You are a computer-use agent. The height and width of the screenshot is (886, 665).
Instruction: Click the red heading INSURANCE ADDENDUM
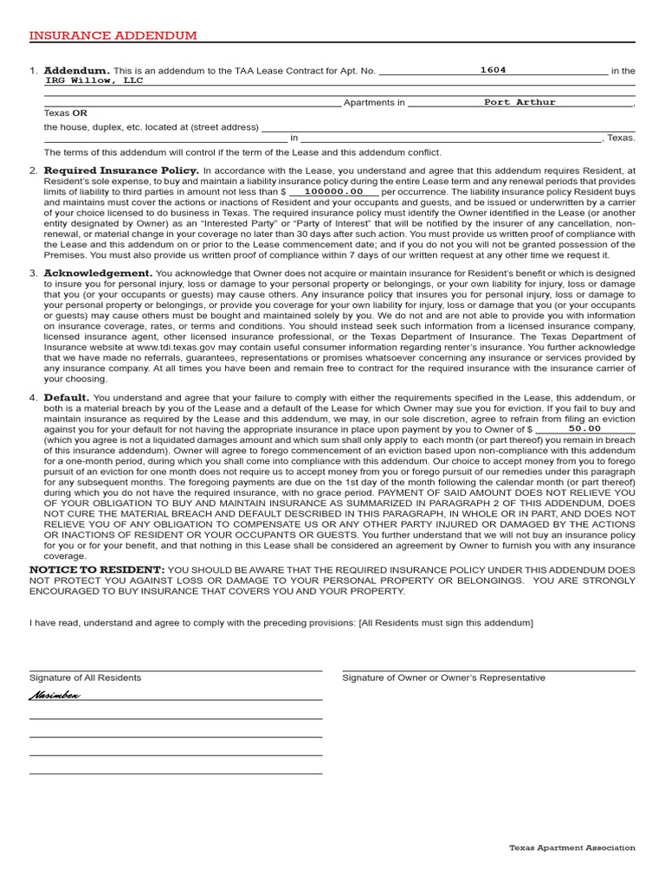(x=113, y=35)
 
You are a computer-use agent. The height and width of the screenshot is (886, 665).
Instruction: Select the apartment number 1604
(x=493, y=71)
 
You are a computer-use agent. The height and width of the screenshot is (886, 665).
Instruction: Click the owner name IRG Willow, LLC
(x=94, y=80)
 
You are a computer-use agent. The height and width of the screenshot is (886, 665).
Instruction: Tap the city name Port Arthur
(x=520, y=102)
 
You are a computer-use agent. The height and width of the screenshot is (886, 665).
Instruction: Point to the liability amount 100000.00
(x=333, y=191)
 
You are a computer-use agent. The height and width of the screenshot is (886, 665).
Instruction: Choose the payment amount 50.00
(x=584, y=428)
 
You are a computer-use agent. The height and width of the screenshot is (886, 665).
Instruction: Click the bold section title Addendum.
(x=76, y=71)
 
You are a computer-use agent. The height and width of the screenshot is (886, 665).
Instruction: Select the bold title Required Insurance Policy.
(x=121, y=170)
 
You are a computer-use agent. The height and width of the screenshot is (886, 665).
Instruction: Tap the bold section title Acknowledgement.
(x=98, y=273)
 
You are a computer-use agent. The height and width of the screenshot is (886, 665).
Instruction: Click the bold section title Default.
(x=67, y=398)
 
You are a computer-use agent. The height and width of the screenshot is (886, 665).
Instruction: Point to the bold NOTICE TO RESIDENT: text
(x=96, y=570)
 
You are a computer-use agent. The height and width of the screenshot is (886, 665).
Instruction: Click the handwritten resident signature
(x=55, y=695)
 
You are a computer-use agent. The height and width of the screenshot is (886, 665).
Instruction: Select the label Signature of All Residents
(x=85, y=677)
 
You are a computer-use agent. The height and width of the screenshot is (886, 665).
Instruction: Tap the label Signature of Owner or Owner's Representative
(x=443, y=677)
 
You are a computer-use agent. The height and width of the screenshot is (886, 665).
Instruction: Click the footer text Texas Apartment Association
(x=571, y=848)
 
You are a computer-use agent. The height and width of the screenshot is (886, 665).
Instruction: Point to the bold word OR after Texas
(x=80, y=112)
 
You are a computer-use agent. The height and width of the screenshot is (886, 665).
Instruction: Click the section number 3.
(x=33, y=273)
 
